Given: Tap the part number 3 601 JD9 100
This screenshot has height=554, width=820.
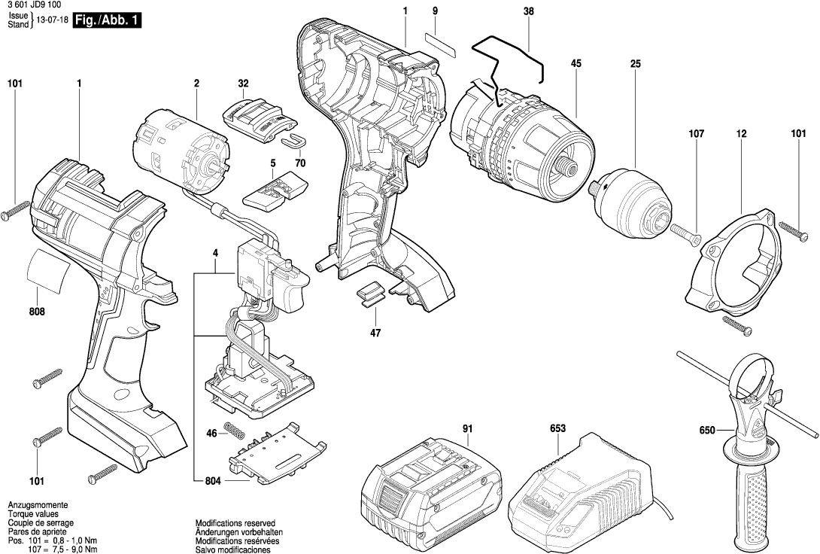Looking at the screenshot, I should (x=34, y=5).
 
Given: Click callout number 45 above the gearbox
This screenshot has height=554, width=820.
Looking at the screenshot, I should (x=576, y=65).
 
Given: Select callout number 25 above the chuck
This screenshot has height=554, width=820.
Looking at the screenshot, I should (x=635, y=65).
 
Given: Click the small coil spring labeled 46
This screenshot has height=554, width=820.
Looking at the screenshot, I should (x=235, y=434).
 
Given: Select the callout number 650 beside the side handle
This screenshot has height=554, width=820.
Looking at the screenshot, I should (x=706, y=431).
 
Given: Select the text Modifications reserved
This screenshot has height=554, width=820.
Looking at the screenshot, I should (x=235, y=522).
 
